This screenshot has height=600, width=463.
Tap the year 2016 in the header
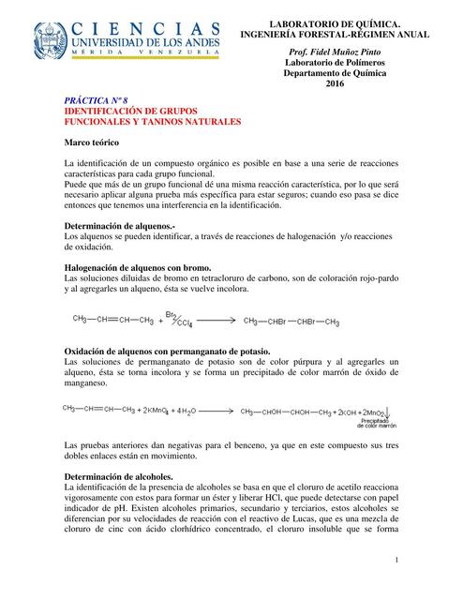[336, 85]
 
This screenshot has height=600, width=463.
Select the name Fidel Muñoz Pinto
[336, 52]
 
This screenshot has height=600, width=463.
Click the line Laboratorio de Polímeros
[336, 63]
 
